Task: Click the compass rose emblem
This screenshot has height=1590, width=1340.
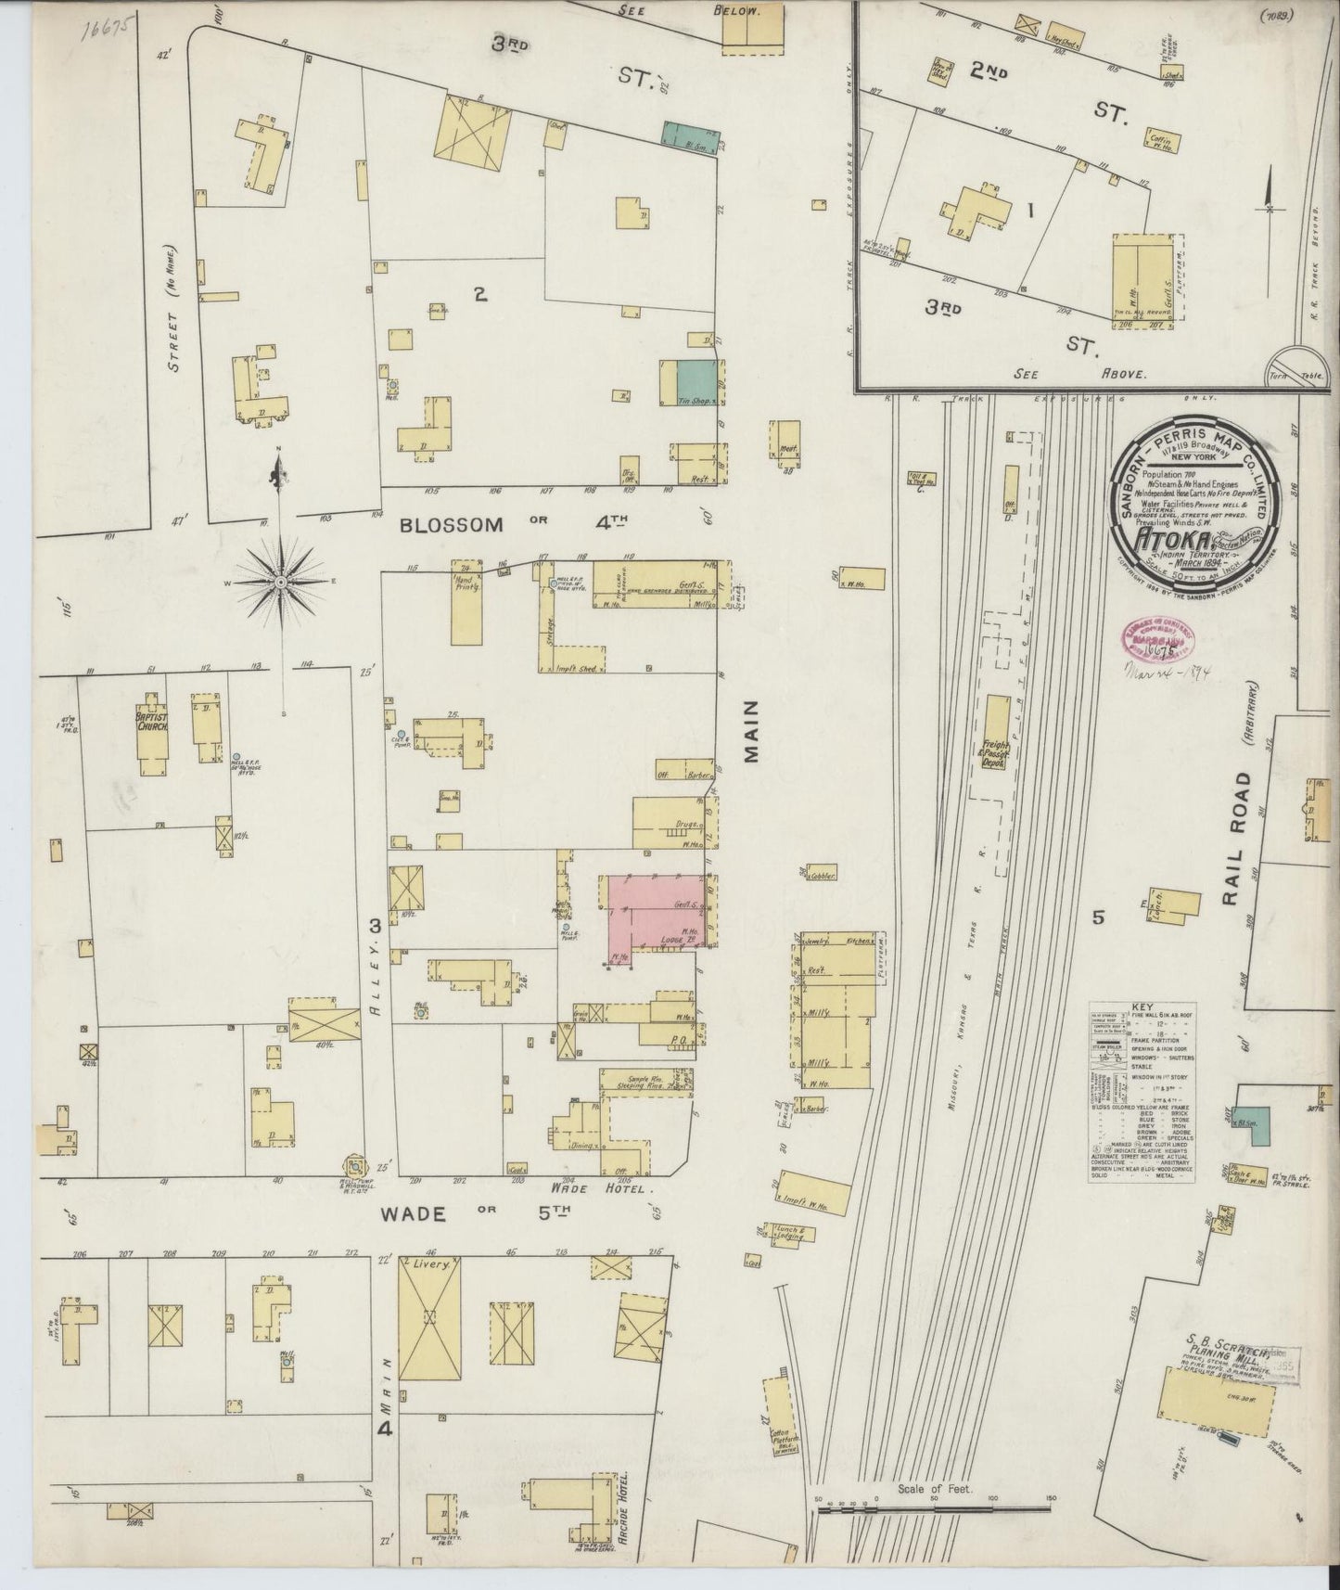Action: tap(280, 582)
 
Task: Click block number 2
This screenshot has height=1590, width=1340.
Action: tap(479, 295)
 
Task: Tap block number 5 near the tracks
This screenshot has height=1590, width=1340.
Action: tap(1098, 917)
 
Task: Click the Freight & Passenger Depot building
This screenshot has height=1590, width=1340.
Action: tap(996, 744)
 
